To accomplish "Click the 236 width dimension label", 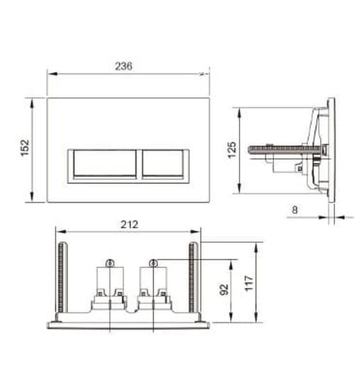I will click(124, 66).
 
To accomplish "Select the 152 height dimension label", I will click(25, 148).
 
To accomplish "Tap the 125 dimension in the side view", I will click(233, 150).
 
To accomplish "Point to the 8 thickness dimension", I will click(295, 209).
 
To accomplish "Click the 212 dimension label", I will click(129, 225).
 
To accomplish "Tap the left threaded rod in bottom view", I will click(61, 278).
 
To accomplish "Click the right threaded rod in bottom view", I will click(193, 278).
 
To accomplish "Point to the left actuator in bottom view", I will click(111, 285).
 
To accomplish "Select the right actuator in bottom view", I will click(152, 285).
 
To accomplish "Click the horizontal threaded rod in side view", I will click(279, 149).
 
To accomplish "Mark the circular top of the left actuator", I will click(111, 263).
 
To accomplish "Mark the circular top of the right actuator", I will click(152, 263).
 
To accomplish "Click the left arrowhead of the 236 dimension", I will click(50, 73).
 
